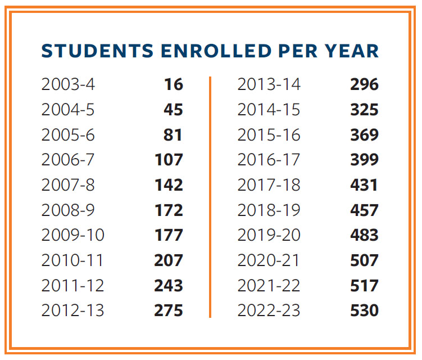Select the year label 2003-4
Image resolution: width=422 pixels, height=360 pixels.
pyautogui.click(x=68, y=84)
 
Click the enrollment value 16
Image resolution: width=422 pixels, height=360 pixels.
pyautogui.click(x=173, y=84)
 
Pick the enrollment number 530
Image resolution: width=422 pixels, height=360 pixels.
pyautogui.click(x=364, y=310)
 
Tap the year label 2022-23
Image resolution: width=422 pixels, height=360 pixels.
pyautogui.click(x=269, y=310)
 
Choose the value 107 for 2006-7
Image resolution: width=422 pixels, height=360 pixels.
pyautogui.click(x=169, y=160)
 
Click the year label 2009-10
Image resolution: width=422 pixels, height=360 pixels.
pyautogui.click(x=72, y=235)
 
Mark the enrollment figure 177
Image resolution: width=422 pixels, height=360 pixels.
pyautogui.click(x=169, y=235)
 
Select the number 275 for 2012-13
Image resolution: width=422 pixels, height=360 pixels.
pyautogui.click(x=169, y=310)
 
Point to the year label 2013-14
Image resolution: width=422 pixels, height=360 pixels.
pyautogui.click(x=269, y=84)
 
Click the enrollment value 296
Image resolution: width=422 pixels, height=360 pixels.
pyautogui.click(x=364, y=84)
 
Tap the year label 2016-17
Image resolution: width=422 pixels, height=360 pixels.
pyautogui.click(x=269, y=160)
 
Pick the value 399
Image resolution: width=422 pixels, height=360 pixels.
pyautogui.click(x=364, y=160)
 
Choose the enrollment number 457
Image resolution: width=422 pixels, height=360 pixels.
pyautogui.click(x=364, y=210)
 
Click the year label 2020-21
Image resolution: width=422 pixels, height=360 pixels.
pyautogui.click(x=269, y=260)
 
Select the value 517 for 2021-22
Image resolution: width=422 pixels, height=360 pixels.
pyautogui.click(x=364, y=285)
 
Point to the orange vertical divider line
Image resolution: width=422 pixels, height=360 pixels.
pyautogui.click(x=210, y=197)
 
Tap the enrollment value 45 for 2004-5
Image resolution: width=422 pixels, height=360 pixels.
pyautogui.click(x=173, y=110)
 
